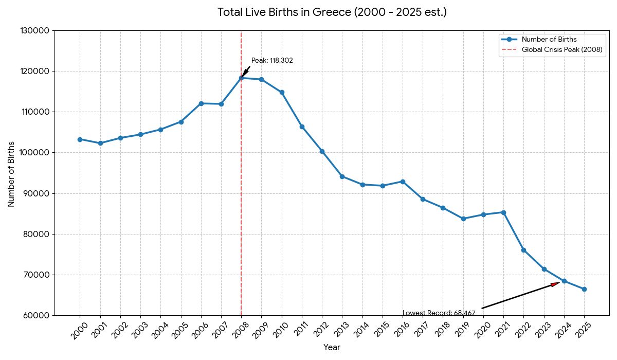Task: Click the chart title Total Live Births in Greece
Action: point(332,12)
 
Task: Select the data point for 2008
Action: point(241,78)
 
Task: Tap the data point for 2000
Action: point(80,139)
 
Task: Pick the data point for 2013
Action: point(342,176)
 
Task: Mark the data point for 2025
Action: point(584,289)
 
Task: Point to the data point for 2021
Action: point(503,212)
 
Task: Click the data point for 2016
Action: point(403,182)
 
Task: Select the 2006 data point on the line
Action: point(201,103)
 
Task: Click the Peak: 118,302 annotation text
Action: point(272,61)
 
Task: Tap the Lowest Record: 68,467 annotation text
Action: point(439,313)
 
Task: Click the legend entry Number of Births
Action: point(549,40)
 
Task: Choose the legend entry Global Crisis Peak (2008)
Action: point(561,50)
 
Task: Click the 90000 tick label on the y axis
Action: point(37,193)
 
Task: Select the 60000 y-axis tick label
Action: point(37,315)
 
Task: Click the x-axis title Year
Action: point(332,348)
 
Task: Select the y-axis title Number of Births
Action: point(11,173)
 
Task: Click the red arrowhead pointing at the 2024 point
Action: point(555,284)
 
